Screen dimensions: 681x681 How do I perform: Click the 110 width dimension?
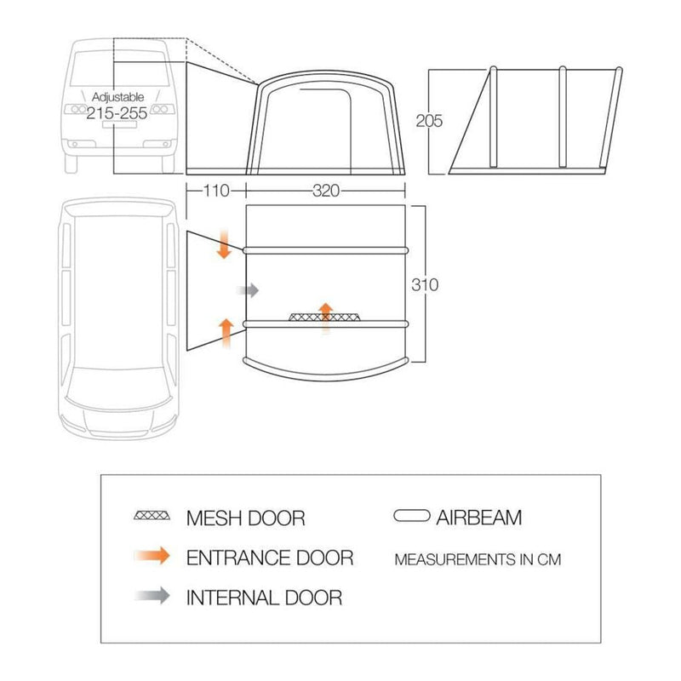click(x=216, y=191)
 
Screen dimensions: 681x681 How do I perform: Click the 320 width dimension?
click(x=326, y=191)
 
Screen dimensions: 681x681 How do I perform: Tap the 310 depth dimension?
click(x=425, y=285)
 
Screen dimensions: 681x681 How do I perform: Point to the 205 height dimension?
click(x=429, y=121)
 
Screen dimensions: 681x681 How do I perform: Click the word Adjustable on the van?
click(x=117, y=97)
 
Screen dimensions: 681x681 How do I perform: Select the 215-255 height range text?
click(x=117, y=113)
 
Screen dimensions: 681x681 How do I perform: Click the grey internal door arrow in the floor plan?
click(x=248, y=290)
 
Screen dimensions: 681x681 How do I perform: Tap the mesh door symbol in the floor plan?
click(x=325, y=317)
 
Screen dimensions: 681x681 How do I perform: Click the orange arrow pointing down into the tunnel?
click(x=224, y=244)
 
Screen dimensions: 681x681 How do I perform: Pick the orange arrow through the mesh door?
click(x=326, y=318)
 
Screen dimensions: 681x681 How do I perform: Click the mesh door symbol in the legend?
click(x=152, y=516)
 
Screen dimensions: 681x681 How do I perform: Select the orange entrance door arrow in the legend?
click(x=152, y=556)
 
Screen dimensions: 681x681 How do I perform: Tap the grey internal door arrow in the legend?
click(x=152, y=595)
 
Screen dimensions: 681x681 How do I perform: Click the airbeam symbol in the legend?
click(x=412, y=516)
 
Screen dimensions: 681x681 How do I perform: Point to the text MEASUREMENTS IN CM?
click(x=478, y=559)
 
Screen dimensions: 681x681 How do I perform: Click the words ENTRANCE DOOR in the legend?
click(x=270, y=558)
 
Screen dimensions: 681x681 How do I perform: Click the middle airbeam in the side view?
click(x=563, y=117)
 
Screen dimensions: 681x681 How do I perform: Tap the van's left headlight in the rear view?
click(x=76, y=109)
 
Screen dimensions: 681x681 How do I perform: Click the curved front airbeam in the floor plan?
click(x=326, y=369)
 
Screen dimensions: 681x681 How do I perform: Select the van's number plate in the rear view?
click(x=119, y=124)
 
